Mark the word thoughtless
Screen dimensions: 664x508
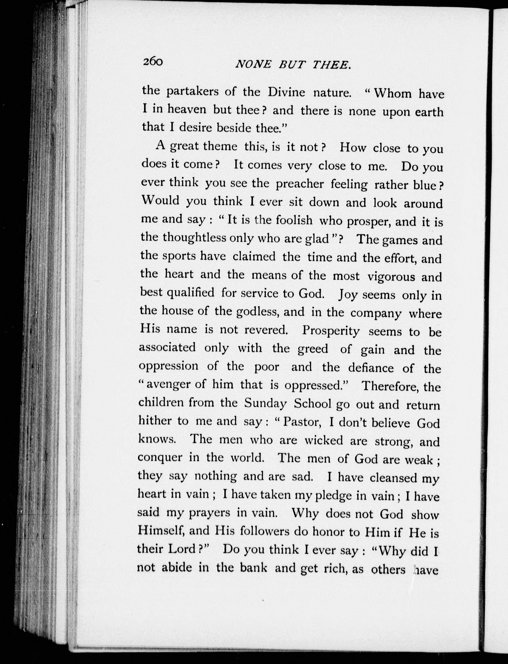(x=194, y=238)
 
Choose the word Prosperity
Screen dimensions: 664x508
(x=331, y=331)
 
